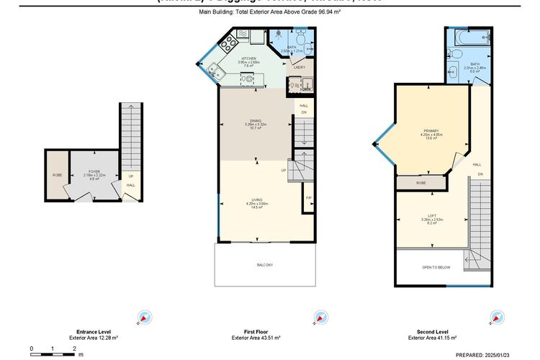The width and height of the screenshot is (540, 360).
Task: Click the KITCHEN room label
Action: point(249,58)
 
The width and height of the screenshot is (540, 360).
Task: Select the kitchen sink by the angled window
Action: point(215,70)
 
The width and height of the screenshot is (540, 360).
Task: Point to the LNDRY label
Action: point(300,68)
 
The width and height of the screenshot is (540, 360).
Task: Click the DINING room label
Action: point(255,120)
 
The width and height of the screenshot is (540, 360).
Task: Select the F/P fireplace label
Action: point(308,197)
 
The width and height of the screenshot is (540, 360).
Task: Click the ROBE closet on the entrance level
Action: point(56,175)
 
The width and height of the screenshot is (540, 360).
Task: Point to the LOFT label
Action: point(431,216)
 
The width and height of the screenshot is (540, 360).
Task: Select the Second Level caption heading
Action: point(427,332)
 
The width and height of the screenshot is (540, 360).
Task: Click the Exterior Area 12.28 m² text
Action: point(94,338)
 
